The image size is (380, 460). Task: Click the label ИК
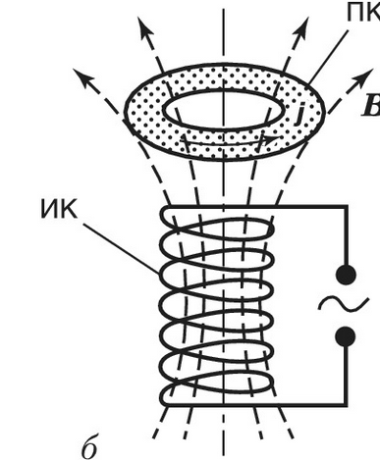pos(59,209)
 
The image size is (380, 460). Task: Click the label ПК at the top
pos(363,13)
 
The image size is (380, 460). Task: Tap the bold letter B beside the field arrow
pos(371,106)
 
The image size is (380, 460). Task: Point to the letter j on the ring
pos(299,114)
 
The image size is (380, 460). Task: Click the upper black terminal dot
pos(347,274)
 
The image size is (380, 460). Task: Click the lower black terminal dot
pos(346,336)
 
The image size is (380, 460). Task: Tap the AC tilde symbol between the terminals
pos(344,303)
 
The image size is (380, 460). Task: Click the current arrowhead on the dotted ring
pos(272,140)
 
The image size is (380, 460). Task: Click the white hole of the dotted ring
pos(223,109)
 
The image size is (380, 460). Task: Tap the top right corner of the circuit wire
pos(346,206)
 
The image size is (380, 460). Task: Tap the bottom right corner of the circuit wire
pos(346,404)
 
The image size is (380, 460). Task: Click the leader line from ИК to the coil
pos(122,248)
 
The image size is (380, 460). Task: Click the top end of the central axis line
pos(224,9)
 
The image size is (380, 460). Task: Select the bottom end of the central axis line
pos(224,455)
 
